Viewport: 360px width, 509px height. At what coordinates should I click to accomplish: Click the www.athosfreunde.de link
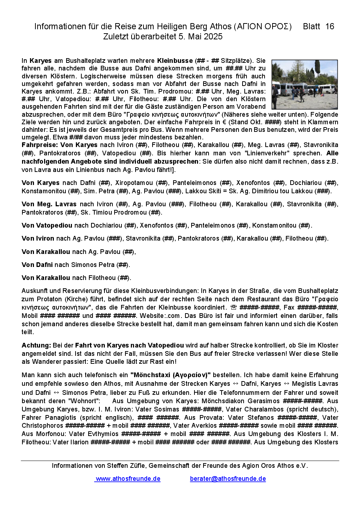128,479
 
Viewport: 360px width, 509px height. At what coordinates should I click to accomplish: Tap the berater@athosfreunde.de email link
228,479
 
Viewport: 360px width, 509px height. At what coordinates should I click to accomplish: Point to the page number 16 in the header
330,26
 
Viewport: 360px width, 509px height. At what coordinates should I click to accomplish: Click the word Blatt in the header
311,26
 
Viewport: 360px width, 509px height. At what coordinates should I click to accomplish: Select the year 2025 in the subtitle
213,36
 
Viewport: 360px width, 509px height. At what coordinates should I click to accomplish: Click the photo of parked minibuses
304,85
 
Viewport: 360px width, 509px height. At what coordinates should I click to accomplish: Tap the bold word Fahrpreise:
39,145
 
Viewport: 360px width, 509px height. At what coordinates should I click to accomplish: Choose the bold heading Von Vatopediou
47,225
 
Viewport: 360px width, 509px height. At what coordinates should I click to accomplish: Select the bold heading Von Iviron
38,238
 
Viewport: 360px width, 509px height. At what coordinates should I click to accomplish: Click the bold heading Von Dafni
37,265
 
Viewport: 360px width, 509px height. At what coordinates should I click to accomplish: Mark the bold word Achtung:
36,345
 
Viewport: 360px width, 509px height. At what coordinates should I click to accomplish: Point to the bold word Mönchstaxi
151,375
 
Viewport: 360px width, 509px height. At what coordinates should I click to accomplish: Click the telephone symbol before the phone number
233,307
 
